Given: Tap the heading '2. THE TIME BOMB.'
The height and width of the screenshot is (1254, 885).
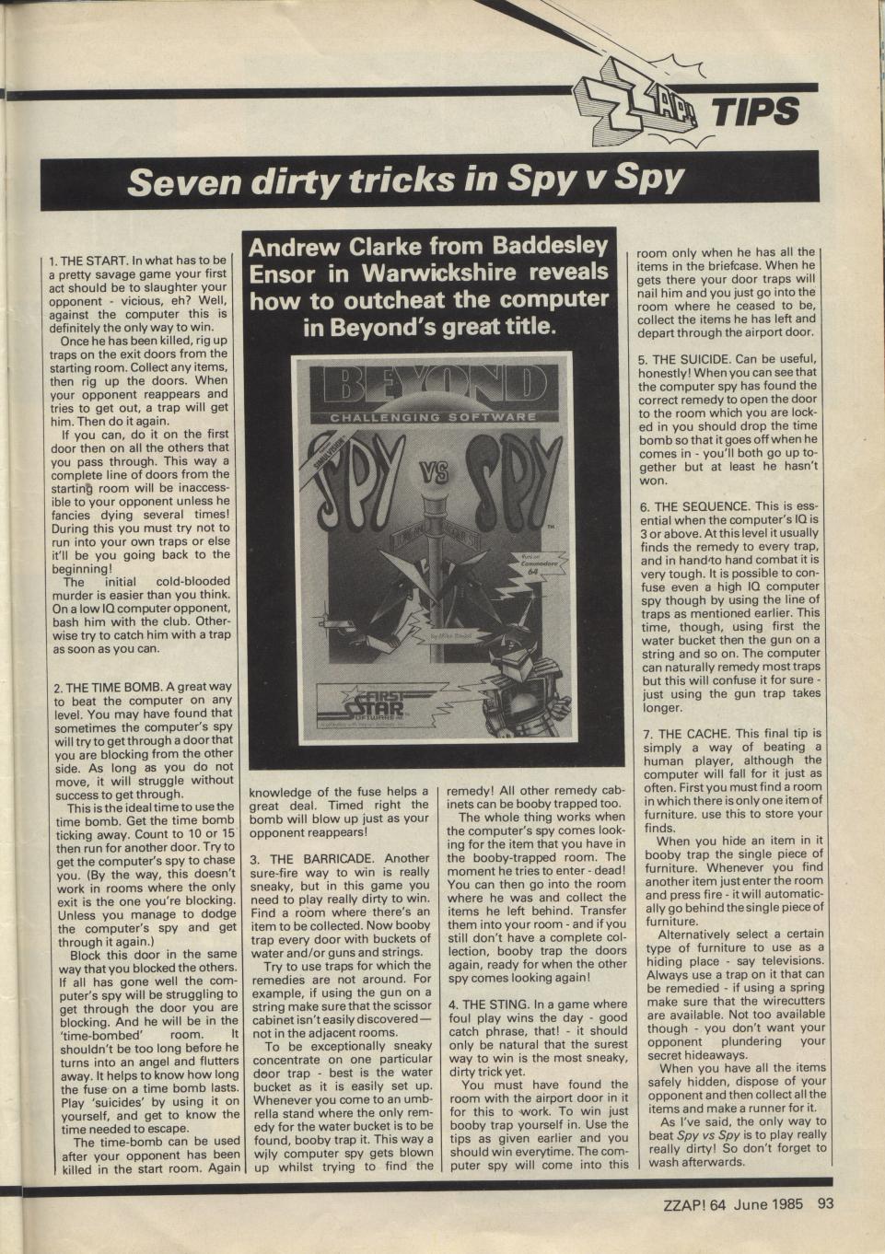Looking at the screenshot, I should click(111, 687).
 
